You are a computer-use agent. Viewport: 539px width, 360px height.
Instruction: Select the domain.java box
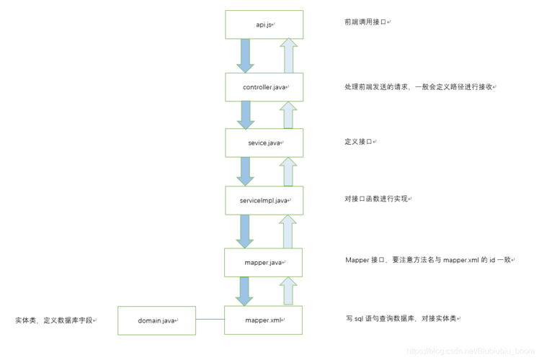(x=156, y=320)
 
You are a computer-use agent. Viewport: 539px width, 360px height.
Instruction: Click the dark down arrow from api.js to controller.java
(x=246, y=55)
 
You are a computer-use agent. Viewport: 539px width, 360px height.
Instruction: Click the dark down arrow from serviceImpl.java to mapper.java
(x=246, y=230)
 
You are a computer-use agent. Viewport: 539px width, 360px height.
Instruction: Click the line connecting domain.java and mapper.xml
(x=210, y=320)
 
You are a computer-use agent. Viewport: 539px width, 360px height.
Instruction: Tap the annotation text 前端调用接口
(x=366, y=22)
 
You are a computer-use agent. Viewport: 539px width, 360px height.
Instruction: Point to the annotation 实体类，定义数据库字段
(x=54, y=320)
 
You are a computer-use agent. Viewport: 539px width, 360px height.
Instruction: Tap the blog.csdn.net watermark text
(x=468, y=351)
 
